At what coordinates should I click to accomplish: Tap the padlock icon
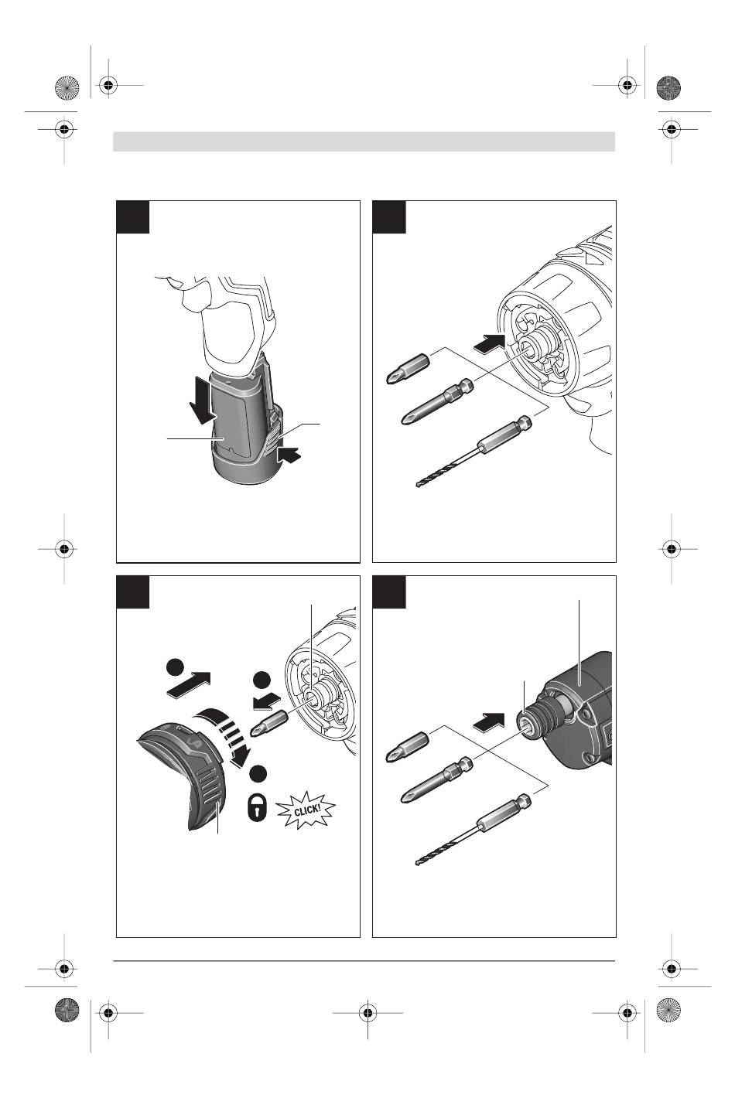click(256, 809)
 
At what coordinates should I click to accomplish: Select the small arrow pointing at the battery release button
click(289, 454)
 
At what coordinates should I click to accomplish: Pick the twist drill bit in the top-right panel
click(473, 452)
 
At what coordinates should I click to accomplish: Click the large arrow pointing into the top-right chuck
click(489, 342)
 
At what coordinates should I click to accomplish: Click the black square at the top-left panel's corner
click(133, 217)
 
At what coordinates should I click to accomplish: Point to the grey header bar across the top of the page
click(364, 142)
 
